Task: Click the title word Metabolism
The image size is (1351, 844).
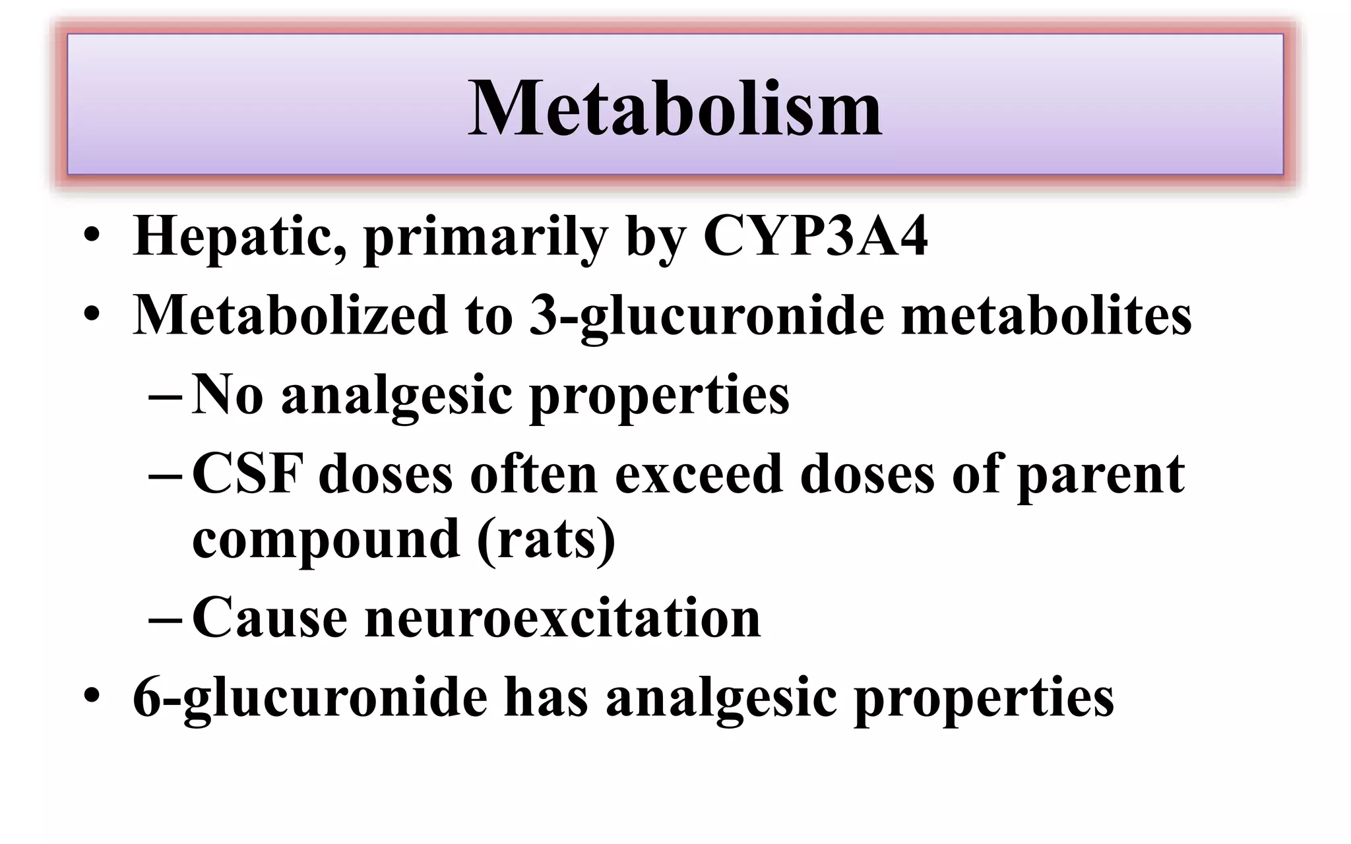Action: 674,108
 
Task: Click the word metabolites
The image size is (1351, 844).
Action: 1046,315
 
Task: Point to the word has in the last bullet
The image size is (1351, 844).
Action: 546,698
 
